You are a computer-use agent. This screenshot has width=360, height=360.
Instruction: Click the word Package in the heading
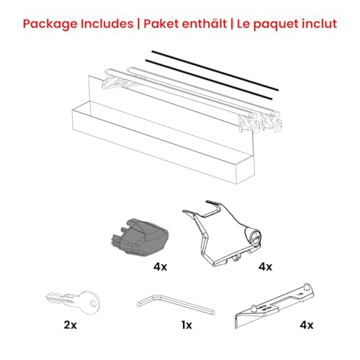50,24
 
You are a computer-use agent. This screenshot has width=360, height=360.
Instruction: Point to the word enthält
207,24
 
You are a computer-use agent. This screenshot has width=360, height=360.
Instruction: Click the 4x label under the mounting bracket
266,266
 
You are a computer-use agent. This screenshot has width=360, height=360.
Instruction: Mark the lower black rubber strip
209,81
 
